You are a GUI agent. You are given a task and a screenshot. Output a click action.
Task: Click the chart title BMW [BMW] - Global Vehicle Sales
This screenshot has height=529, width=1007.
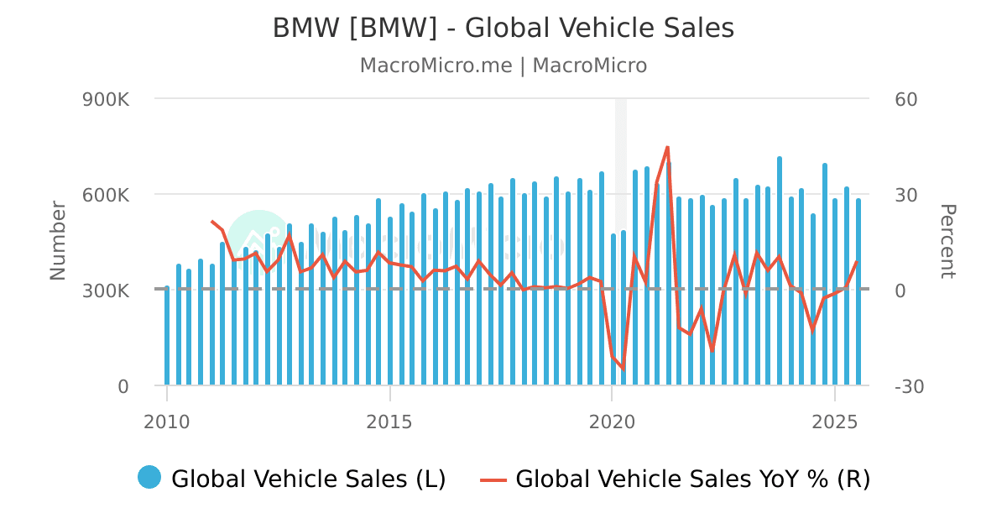click(x=503, y=29)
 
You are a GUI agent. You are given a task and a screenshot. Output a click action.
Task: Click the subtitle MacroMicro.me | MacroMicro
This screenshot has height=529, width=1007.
click(x=503, y=65)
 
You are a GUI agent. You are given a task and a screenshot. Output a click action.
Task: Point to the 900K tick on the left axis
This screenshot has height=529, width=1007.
click(x=105, y=99)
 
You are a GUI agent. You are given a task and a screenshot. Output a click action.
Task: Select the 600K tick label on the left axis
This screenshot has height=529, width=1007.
click(x=105, y=195)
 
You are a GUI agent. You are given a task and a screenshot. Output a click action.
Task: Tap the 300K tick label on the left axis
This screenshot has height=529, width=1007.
click(x=105, y=291)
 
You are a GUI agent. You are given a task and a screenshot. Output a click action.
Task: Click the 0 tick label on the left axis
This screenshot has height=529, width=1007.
click(x=123, y=387)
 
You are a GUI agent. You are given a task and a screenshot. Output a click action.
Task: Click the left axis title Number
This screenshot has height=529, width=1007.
click(x=58, y=241)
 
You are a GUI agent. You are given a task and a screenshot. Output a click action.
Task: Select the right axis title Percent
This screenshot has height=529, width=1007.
click(x=947, y=241)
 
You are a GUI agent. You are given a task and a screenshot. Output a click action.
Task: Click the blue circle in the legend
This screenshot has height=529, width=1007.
click(x=149, y=478)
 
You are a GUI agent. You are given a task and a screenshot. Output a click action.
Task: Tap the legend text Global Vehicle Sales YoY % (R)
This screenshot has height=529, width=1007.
click(x=692, y=479)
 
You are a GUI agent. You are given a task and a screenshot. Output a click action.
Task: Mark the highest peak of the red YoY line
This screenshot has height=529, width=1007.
click(x=667, y=148)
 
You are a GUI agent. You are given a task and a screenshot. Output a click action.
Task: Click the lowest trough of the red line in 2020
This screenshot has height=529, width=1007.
click(x=623, y=369)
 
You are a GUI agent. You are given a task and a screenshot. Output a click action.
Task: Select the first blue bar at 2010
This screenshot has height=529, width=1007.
click(x=167, y=336)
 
